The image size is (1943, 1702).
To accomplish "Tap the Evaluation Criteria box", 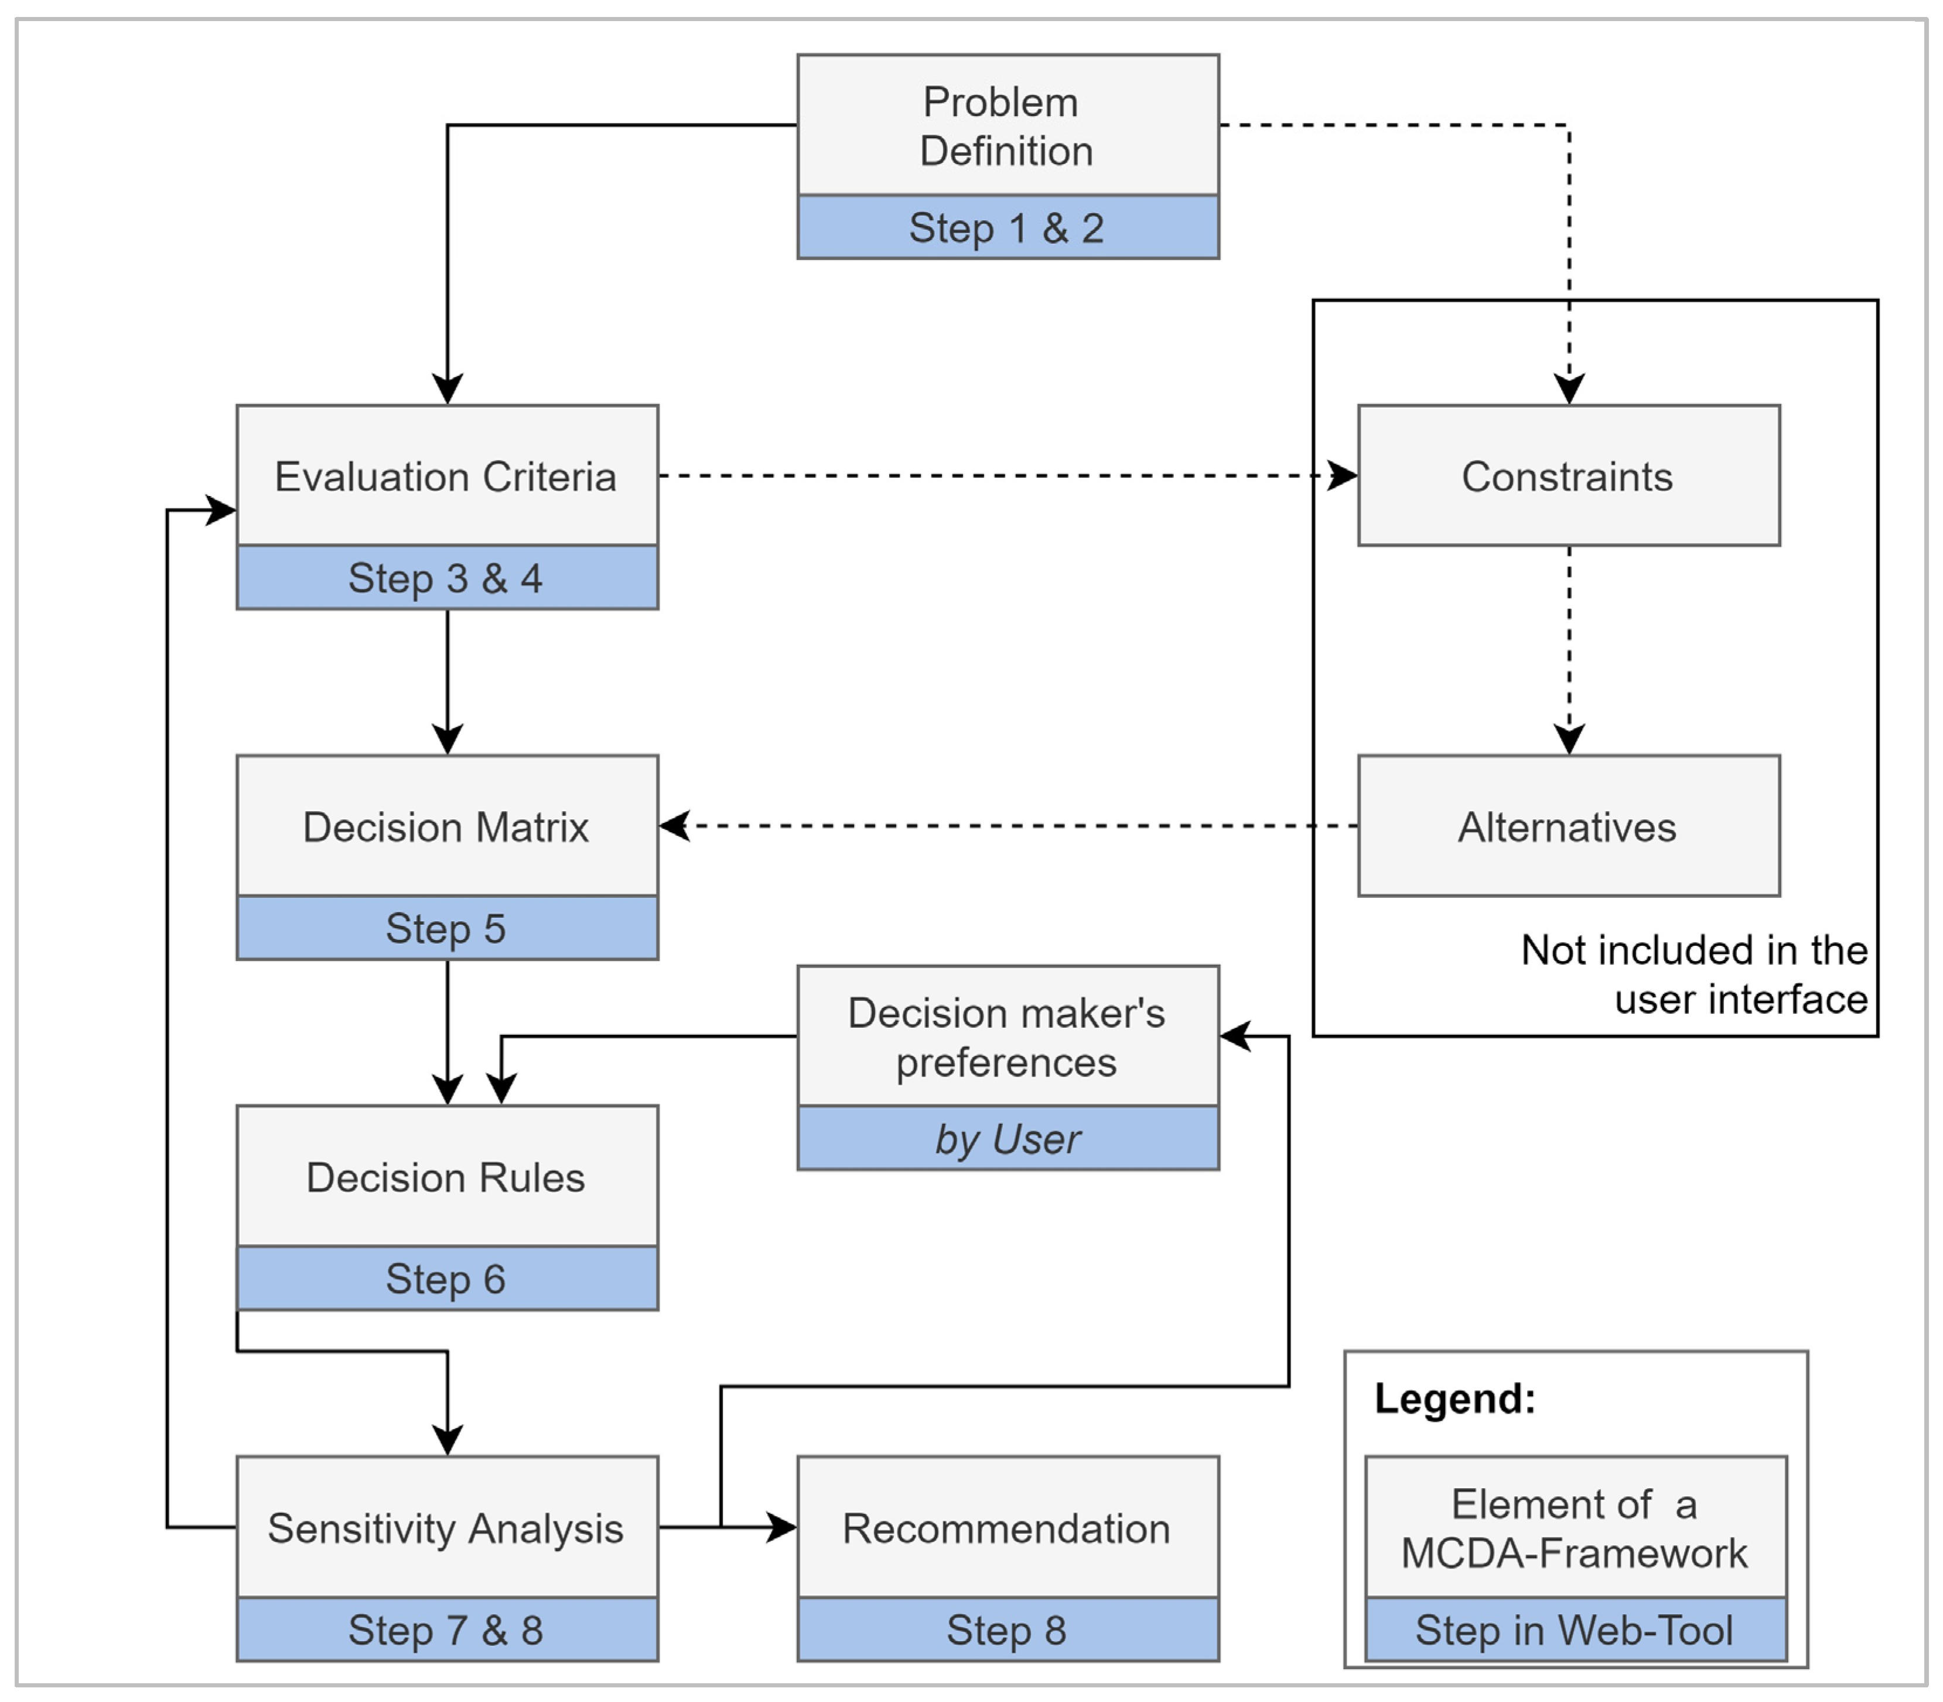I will (x=446, y=476).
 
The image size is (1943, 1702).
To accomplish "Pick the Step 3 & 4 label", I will (x=446, y=577).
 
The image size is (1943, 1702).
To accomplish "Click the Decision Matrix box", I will (x=446, y=826).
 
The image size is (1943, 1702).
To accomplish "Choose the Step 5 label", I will (x=446, y=928).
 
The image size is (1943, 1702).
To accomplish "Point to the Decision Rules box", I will (x=446, y=1177).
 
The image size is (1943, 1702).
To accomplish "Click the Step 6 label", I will (x=446, y=1279).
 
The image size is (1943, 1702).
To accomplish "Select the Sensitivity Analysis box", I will (x=446, y=1528).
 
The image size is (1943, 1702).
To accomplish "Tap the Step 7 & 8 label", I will (x=446, y=1630).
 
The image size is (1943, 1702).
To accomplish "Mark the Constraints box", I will (x=1568, y=476).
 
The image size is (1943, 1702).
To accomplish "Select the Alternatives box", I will (x=1568, y=826).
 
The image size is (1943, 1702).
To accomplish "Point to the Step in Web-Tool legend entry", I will (x=1575, y=1630).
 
